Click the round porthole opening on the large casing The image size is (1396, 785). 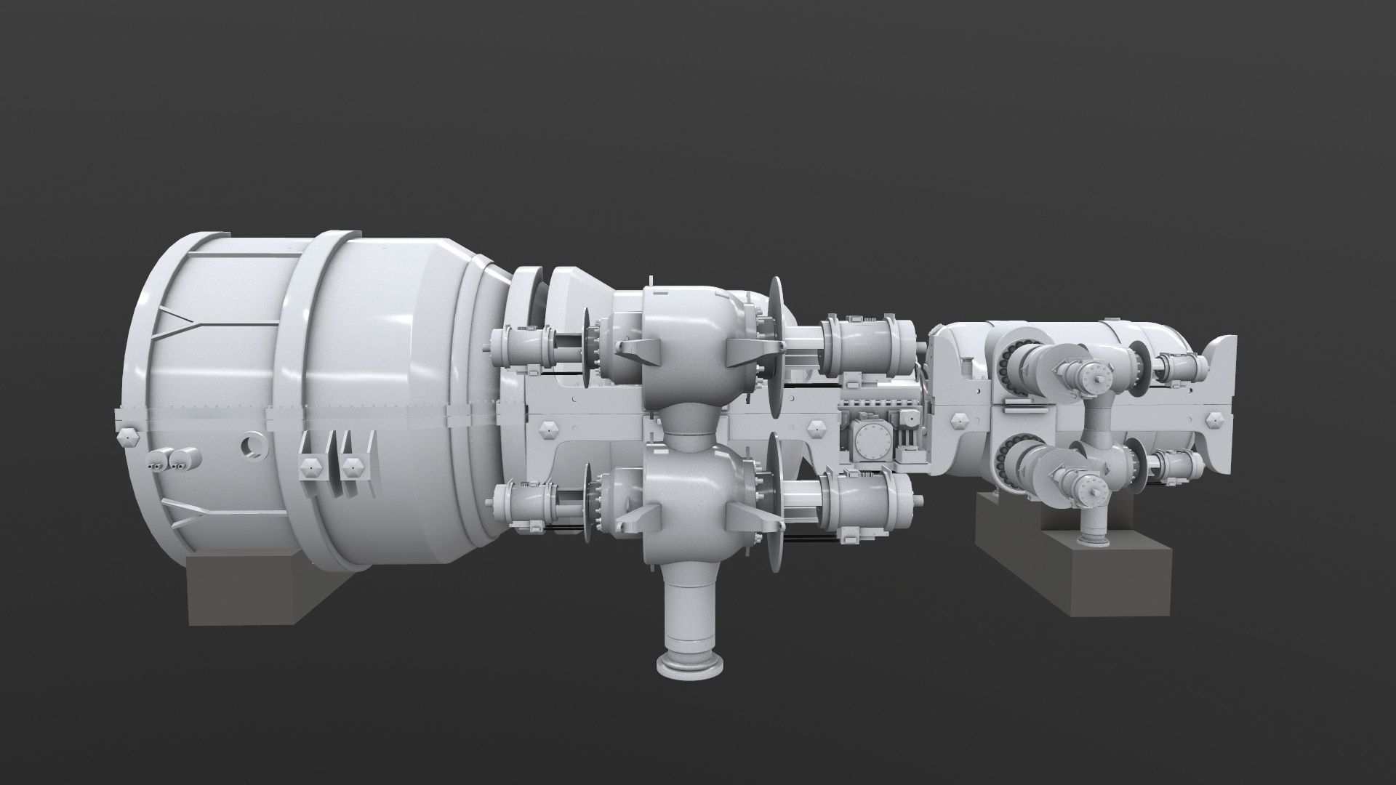[x=254, y=445]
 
